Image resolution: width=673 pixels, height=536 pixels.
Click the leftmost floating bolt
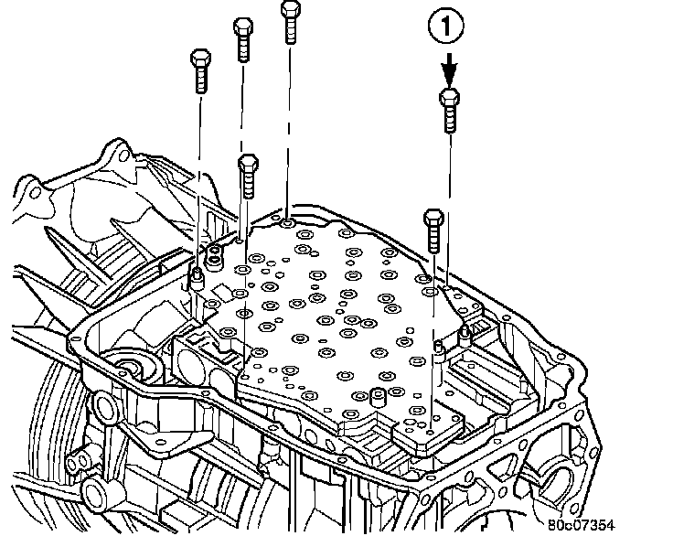[x=199, y=72]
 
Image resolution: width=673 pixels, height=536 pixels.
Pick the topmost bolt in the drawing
[x=289, y=20]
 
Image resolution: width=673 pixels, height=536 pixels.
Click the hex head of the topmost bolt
[x=289, y=8]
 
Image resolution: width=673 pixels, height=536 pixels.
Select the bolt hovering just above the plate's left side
[x=247, y=177]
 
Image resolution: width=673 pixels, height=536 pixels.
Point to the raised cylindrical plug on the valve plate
[x=374, y=398]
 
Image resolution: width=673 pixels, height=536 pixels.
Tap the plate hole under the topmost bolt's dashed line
[x=289, y=222]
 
